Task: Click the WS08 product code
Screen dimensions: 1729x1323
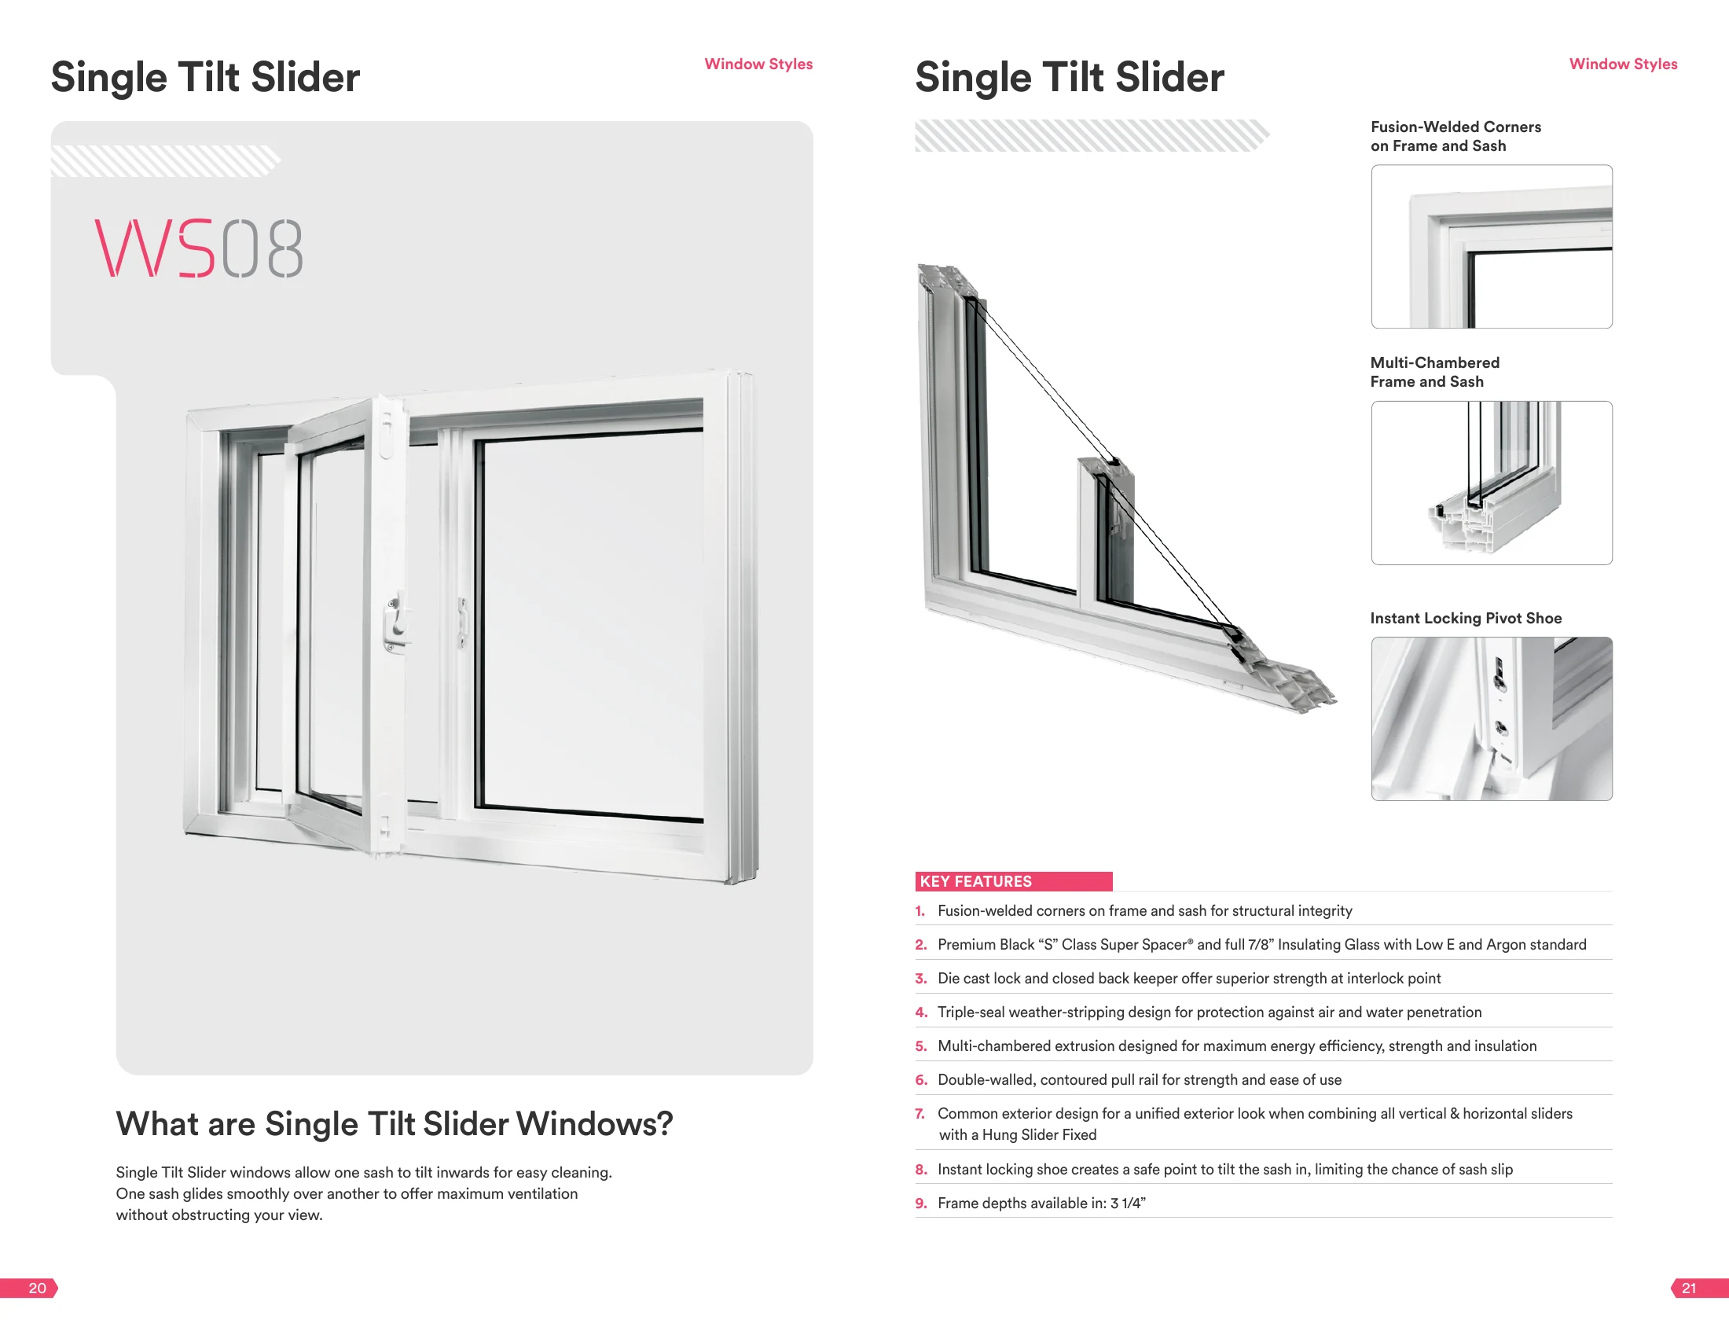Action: point(198,248)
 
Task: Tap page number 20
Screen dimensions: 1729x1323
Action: point(37,1288)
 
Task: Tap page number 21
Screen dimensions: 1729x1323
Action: point(1689,1288)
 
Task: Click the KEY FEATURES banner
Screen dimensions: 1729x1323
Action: point(1013,881)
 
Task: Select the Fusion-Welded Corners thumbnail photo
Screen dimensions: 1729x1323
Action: point(1491,247)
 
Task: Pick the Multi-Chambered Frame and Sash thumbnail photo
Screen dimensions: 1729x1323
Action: point(1491,483)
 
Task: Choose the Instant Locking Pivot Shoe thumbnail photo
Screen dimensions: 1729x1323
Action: point(1491,719)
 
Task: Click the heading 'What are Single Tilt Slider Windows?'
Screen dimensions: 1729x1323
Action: point(395,1125)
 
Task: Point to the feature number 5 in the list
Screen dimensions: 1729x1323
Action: point(920,1046)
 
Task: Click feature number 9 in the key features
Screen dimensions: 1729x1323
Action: point(920,1204)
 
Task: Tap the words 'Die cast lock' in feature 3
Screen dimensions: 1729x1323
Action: point(978,978)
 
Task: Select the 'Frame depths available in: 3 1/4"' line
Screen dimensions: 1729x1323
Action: point(1041,1204)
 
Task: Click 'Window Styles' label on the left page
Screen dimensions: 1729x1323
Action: point(758,64)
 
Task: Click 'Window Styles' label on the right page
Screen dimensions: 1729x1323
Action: point(1623,64)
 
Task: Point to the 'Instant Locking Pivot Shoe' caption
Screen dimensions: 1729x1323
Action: point(1465,618)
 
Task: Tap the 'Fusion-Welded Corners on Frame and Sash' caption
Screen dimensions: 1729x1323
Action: point(1456,136)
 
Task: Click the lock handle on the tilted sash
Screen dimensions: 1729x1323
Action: point(396,622)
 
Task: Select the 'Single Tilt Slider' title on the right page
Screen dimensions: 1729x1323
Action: point(1069,77)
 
